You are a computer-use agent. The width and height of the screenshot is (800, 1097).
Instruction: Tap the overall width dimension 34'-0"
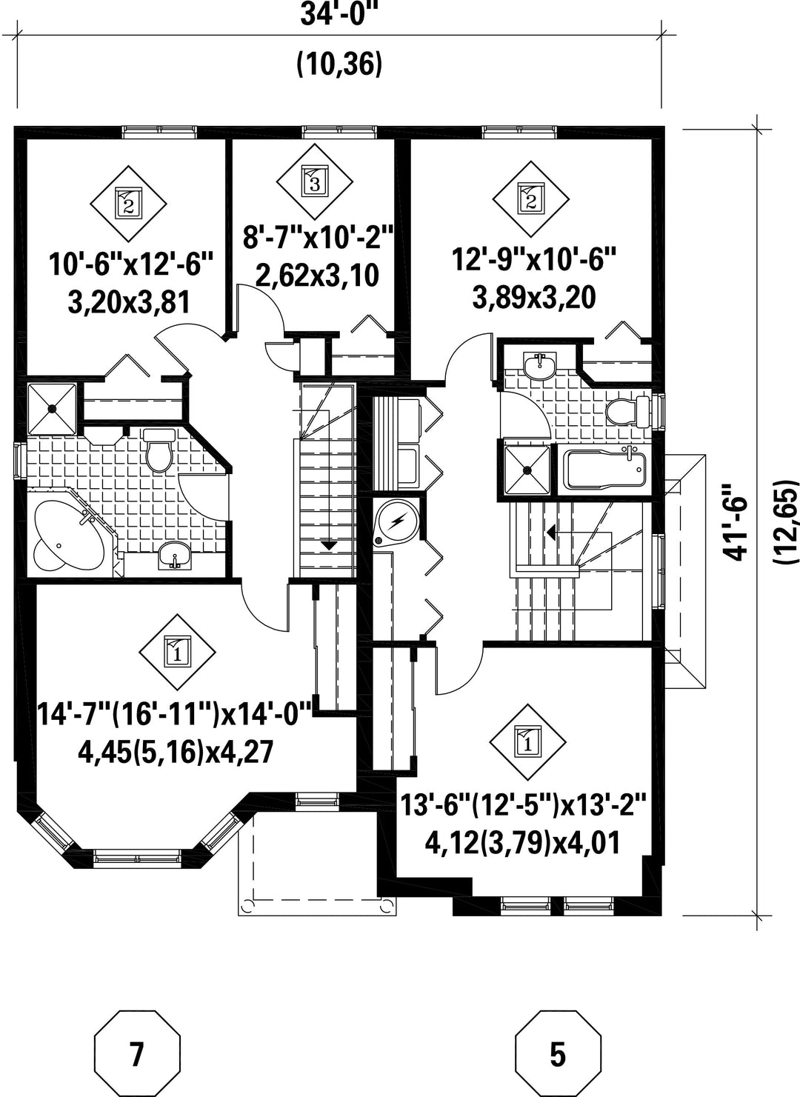click(340, 15)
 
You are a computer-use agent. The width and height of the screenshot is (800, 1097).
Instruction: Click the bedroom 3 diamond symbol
click(315, 181)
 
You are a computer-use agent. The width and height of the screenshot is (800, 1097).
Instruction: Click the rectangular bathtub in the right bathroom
click(605, 467)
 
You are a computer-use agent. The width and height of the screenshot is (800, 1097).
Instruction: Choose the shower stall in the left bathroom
click(52, 409)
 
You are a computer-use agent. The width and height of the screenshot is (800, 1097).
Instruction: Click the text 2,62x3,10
click(318, 276)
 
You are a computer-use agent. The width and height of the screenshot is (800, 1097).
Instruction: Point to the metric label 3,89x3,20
click(534, 298)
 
